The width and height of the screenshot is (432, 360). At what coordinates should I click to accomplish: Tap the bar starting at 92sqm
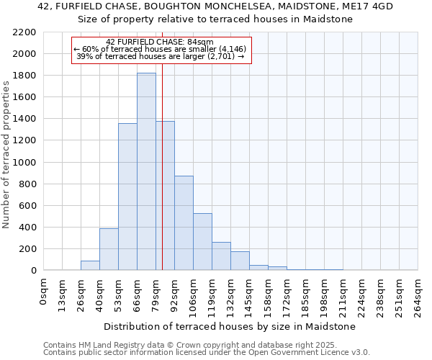coord(184,223)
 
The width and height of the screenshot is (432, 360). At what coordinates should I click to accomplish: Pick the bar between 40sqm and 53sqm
coord(109,249)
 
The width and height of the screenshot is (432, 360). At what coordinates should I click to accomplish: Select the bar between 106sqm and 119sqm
coord(202,242)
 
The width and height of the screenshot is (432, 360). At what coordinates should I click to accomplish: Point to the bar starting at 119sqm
coord(221,256)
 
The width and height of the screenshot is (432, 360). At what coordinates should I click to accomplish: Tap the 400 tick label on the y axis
coord(27,228)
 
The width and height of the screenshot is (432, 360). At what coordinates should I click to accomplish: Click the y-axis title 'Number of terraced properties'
coord(6,155)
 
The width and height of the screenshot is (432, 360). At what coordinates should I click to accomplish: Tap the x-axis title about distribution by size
coord(230,327)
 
